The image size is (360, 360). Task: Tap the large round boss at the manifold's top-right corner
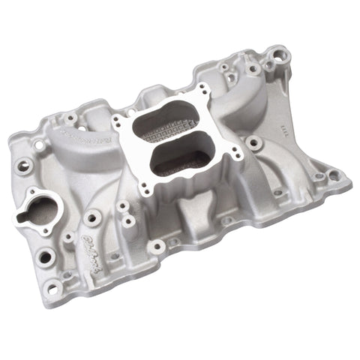point(279,55)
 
